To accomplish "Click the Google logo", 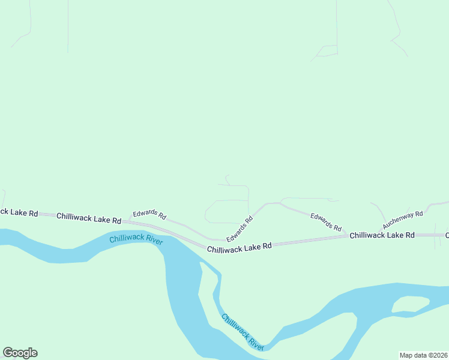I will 20,353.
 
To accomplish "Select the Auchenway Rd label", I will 403,220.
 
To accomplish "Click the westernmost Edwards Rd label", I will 149,214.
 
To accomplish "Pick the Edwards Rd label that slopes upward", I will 240,229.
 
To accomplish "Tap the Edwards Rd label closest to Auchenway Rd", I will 326,222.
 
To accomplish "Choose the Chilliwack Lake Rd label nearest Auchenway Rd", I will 382,235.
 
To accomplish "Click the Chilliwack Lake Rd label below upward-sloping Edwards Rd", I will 240,247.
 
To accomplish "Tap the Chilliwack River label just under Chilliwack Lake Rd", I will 136,239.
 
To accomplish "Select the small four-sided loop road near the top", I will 327,51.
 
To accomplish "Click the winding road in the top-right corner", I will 395,24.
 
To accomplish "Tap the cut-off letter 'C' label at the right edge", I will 447,235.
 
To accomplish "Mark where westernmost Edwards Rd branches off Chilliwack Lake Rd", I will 127,220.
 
